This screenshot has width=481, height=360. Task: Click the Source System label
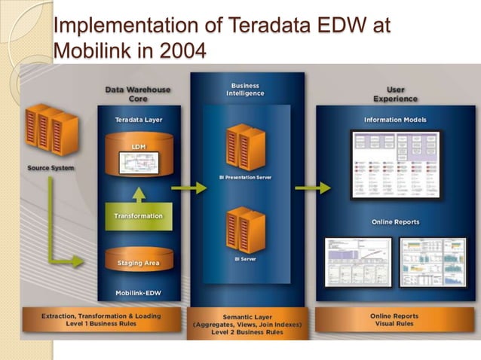tap(51, 167)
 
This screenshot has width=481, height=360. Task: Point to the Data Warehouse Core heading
tap(138, 93)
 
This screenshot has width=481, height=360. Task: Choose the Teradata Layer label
tap(138, 120)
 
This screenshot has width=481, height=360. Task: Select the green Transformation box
tap(138, 216)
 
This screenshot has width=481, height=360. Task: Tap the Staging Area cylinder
tap(138, 261)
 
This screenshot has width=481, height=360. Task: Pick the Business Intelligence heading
tap(246, 89)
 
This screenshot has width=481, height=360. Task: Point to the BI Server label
tap(246, 259)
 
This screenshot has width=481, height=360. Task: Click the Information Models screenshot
tap(395, 163)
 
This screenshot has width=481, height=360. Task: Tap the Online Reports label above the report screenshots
tap(395, 221)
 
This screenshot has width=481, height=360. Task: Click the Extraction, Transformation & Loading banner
tap(101, 320)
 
